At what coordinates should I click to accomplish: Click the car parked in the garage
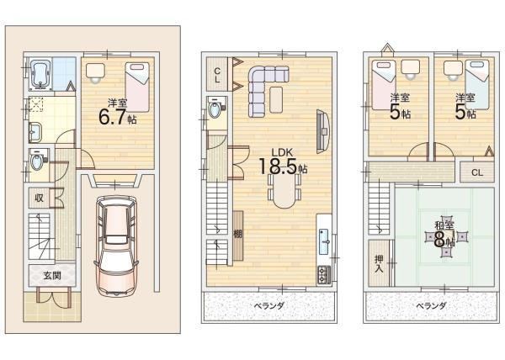point(117,246)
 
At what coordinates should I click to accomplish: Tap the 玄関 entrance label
point(52,275)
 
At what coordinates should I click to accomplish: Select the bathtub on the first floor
point(40,75)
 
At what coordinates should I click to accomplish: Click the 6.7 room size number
point(112,117)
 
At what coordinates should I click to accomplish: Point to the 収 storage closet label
point(39,198)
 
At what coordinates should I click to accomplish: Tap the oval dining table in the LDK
point(284,192)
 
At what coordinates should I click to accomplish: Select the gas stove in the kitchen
point(324,275)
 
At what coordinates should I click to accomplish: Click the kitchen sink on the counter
point(324,242)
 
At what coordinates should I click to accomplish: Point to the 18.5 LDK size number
point(277,166)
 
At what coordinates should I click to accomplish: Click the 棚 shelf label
point(237,234)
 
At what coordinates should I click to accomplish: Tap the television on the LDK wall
point(322,131)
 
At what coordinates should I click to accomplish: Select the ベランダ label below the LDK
point(269,305)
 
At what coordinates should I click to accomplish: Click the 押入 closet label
point(379,263)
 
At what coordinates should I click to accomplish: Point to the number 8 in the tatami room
point(439,239)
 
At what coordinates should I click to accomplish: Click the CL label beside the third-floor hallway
point(477,172)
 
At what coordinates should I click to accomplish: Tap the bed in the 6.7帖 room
point(137,87)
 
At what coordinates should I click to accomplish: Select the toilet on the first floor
point(37,160)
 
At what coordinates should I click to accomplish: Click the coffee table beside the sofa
point(276,99)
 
